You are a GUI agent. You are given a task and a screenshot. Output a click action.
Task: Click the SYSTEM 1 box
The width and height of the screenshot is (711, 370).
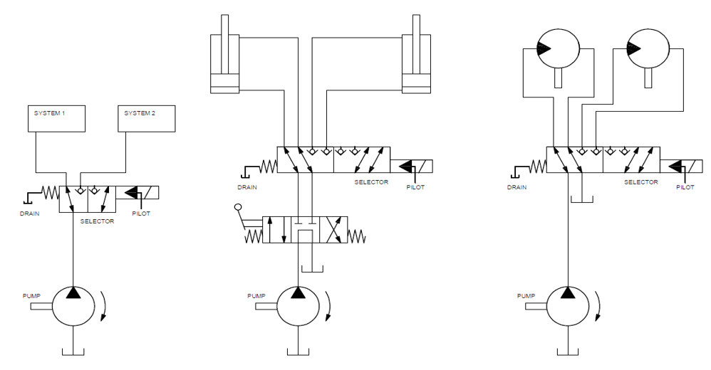point(56,118)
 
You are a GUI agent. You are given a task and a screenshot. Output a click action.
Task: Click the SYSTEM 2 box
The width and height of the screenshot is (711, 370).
point(146,118)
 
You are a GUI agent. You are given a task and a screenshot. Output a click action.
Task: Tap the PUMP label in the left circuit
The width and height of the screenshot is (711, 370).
point(31,294)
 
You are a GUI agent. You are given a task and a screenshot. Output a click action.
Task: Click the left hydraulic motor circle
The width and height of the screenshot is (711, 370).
point(557,48)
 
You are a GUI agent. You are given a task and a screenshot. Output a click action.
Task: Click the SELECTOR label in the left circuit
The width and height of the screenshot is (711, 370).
point(98,221)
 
